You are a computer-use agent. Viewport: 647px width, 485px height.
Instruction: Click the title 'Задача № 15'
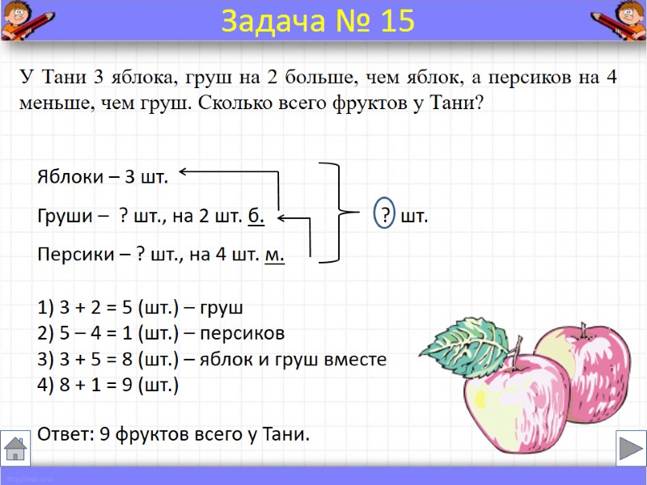click(317, 22)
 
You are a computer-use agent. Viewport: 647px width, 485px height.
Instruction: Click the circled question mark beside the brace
click(386, 217)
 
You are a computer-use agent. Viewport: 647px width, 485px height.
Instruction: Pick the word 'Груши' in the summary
click(61, 217)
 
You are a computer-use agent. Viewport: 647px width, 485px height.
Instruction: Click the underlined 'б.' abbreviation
click(256, 217)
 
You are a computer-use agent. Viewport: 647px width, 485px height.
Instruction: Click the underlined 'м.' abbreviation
click(275, 255)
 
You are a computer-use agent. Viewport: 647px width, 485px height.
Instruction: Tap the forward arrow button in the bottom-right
click(630, 447)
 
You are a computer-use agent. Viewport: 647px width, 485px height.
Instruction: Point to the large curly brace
click(340, 213)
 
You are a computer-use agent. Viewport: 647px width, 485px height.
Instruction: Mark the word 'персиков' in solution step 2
click(249, 333)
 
